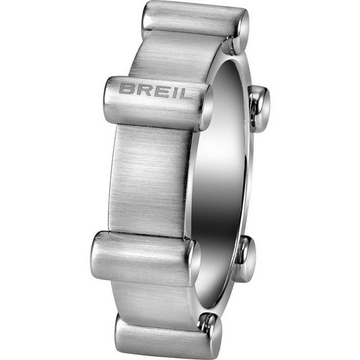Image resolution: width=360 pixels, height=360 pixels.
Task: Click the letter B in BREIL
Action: tap(126, 88)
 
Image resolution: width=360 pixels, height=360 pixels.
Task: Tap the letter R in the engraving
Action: tap(142, 89)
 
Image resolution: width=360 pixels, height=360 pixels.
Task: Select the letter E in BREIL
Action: tap(158, 91)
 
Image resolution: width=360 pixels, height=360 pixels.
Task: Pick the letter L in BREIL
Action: tap(184, 94)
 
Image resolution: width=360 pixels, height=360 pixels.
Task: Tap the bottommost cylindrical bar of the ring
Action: tap(165, 337)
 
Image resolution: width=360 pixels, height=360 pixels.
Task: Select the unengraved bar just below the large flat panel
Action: tap(144, 257)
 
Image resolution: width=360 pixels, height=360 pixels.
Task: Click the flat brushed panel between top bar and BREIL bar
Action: tap(170, 57)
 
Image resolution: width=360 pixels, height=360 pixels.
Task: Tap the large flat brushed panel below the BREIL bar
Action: tap(149, 180)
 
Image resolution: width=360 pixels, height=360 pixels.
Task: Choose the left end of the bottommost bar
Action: tap(120, 329)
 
